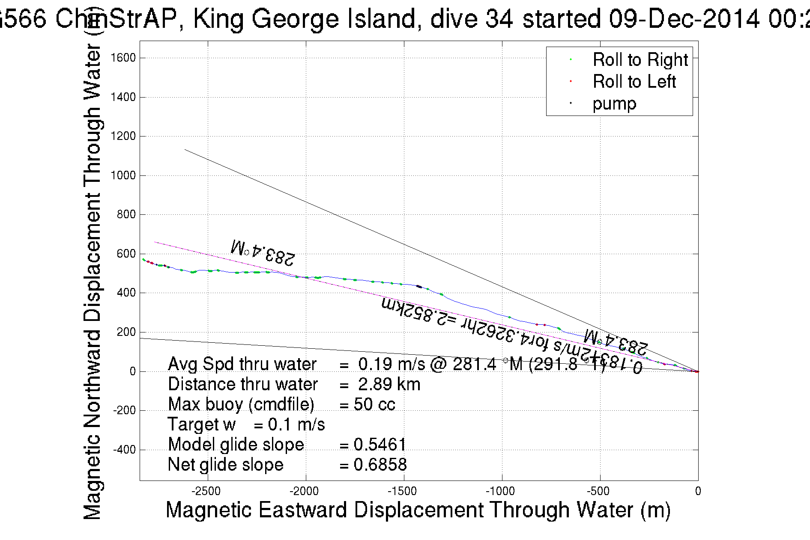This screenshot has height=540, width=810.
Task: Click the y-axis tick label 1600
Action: pyautogui.click(x=123, y=58)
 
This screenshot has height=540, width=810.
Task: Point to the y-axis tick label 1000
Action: pyautogui.click(x=123, y=175)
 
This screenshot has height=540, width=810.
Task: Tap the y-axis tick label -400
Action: pyautogui.click(x=124, y=450)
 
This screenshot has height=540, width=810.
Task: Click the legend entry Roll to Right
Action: pyautogui.click(x=640, y=59)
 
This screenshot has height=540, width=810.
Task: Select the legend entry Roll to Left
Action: pyautogui.click(x=634, y=81)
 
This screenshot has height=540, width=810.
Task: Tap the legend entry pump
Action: pyautogui.click(x=614, y=104)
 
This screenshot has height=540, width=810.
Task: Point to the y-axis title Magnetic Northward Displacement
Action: pyautogui.click(x=92, y=282)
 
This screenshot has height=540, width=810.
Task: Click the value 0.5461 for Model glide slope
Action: pyautogui.click(x=380, y=445)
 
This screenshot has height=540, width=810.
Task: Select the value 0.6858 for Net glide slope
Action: pyautogui.click(x=380, y=465)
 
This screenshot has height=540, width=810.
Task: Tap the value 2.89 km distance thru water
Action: pyautogui.click(x=389, y=384)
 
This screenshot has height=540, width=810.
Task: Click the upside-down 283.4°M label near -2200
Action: pyautogui.click(x=263, y=252)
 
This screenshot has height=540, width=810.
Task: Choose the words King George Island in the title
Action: pyautogui.click(x=304, y=19)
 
